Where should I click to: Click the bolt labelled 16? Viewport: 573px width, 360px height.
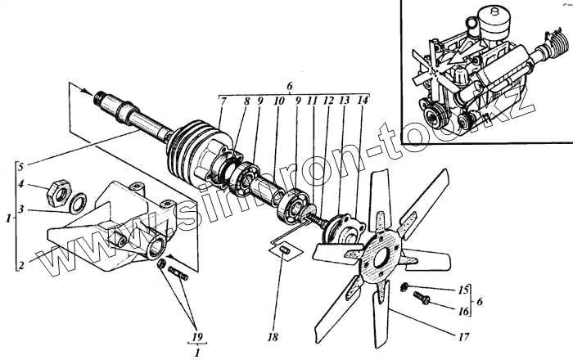click(x=423, y=299)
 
